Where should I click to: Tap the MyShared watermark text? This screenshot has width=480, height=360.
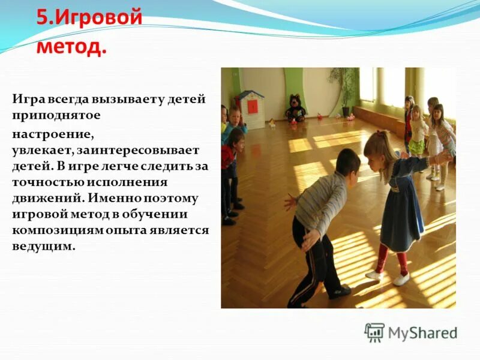click(x=422, y=333)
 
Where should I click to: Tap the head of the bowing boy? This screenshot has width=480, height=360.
click(x=347, y=163)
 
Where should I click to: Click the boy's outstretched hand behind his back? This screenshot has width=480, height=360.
click(x=291, y=202)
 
